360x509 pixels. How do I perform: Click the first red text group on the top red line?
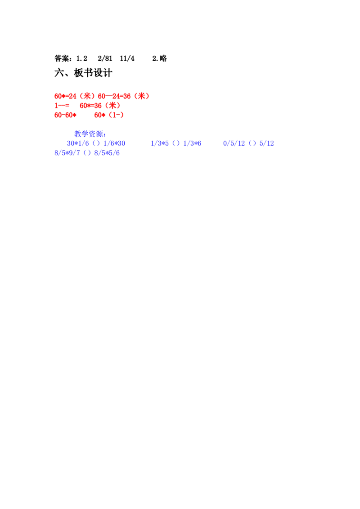(x=66, y=96)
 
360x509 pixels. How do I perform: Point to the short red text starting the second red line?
(x=62, y=106)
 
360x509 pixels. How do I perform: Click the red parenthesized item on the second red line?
(x=113, y=106)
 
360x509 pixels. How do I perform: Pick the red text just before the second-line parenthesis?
(x=90, y=106)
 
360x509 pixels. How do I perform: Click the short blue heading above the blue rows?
(x=89, y=134)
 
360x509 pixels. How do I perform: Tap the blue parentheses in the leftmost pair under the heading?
(x=95, y=143)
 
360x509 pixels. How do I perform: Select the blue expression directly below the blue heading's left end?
(x=78, y=143)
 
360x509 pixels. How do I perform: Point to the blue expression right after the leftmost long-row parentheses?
(x=114, y=143)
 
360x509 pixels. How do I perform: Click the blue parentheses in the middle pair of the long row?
(x=176, y=143)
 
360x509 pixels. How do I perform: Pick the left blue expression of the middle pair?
(x=160, y=143)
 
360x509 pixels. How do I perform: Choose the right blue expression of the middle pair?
(x=193, y=143)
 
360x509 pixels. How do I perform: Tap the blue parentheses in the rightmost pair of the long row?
(x=252, y=143)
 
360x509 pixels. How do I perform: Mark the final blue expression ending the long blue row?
(x=267, y=143)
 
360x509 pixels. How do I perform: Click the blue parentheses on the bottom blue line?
(x=87, y=153)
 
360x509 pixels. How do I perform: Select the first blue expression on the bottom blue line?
(x=67, y=153)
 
